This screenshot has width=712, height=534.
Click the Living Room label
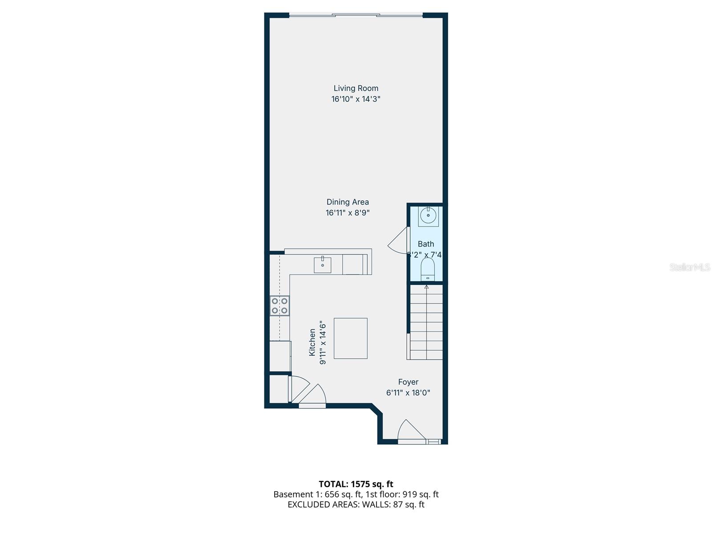(356, 88)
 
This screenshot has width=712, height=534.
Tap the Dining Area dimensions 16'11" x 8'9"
(348, 213)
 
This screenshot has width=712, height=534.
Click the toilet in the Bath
(428, 270)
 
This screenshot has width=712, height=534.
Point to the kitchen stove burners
(279, 306)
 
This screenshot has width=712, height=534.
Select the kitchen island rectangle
(351, 338)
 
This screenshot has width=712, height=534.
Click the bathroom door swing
(398, 243)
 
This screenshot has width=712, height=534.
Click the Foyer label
(408, 382)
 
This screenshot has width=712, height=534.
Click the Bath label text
(426, 244)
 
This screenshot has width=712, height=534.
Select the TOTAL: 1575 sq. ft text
(356, 484)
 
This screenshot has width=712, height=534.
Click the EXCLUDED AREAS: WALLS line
(356, 505)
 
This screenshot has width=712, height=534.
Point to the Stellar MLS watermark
(690, 267)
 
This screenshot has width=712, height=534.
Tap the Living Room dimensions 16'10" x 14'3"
(356, 99)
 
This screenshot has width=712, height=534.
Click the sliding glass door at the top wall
(356, 16)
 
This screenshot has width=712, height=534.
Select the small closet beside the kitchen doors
(278, 389)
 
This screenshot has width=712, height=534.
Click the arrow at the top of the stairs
(426, 287)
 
